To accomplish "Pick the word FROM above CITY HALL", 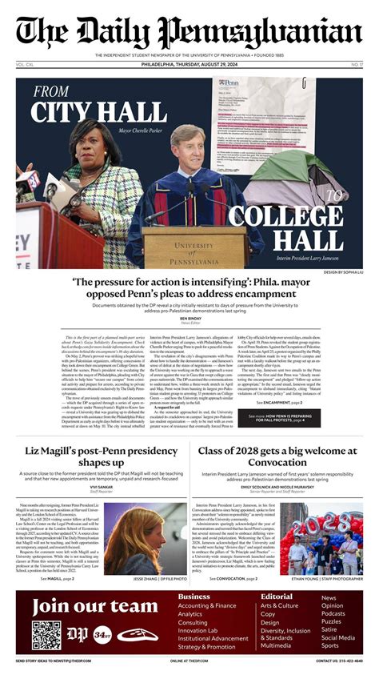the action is [51, 91].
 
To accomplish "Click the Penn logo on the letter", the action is [230, 82].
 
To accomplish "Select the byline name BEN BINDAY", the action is [189, 318].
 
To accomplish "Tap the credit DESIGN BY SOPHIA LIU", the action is [343, 272].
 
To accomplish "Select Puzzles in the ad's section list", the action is [331, 621].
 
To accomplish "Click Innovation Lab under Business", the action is [202, 630].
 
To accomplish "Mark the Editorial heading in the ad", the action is [277, 597].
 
